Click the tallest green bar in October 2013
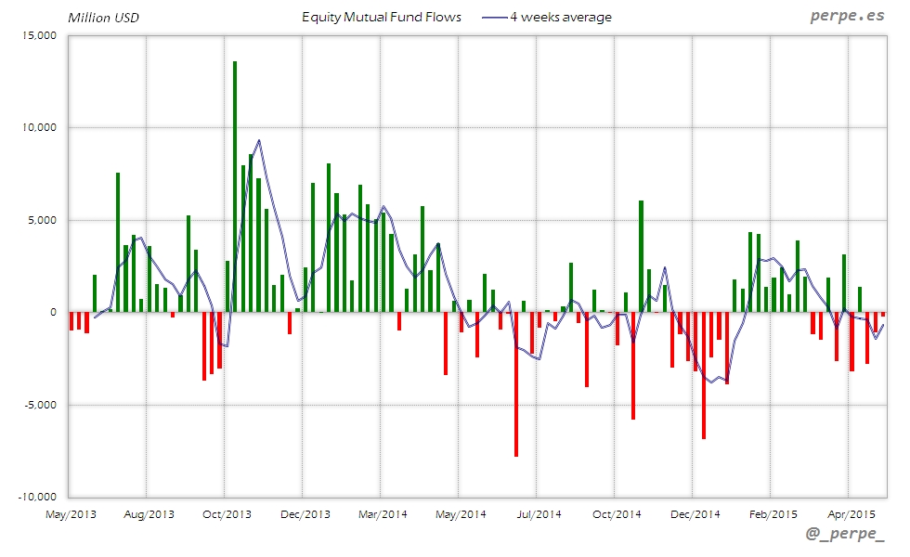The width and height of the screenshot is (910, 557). pyautogui.click(x=235, y=186)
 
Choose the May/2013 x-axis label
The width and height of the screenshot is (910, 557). pyautogui.click(x=70, y=513)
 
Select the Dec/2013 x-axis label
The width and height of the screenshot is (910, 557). pyautogui.click(x=305, y=513)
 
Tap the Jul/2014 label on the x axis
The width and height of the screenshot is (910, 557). pyautogui.click(x=539, y=513)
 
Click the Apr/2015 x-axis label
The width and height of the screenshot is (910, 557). pyautogui.click(x=851, y=513)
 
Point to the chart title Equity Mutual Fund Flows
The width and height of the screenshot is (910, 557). pyautogui.click(x=382, y=17)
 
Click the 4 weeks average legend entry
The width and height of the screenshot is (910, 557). pyautogui.click(x=548, y=17)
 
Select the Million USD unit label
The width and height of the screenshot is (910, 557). pyautogui.click(x=104, y=18)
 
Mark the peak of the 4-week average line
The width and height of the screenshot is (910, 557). pyautogui.click(x=258, y=140)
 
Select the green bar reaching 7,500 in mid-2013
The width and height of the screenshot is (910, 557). pyautogui.click(x=118, y=242)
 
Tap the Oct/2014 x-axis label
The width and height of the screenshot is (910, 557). pyautogui.click(x=617, y=513)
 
